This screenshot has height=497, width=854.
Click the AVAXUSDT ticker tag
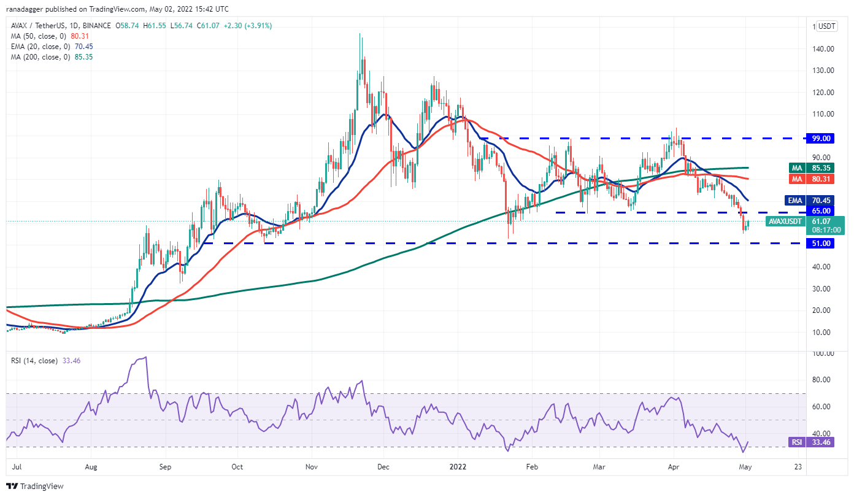click(787, 222)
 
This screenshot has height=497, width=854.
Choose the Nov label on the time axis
click(311, 466)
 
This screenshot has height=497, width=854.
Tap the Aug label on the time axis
click(91, 466)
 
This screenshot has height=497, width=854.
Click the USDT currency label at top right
click(827, 26)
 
